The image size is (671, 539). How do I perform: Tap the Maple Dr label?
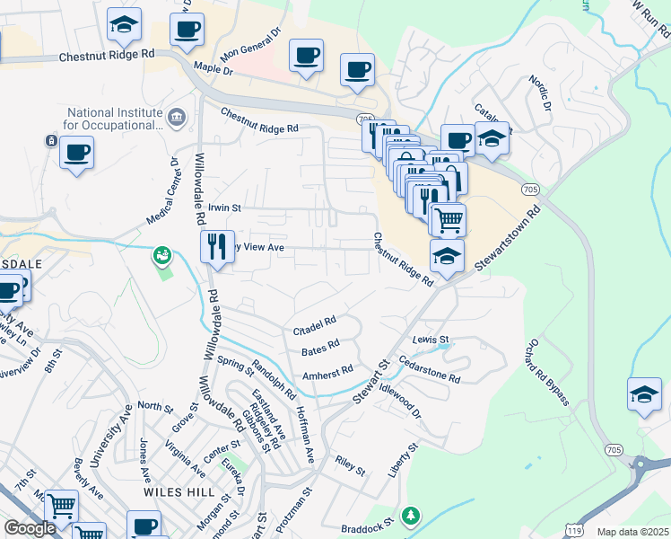tap(213, 69)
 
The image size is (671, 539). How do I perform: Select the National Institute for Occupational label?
tap(114, 119)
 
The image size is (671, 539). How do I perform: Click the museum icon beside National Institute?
tap(177, 117)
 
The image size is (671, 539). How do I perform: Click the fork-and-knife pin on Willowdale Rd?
tap(216, 246)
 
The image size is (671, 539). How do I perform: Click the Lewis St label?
tap(431, 340)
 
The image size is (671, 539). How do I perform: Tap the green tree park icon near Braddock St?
tap(411, 516)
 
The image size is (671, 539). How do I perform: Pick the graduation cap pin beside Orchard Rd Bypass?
tap(645, 394)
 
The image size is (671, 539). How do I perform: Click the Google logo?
tap(30, 527)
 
